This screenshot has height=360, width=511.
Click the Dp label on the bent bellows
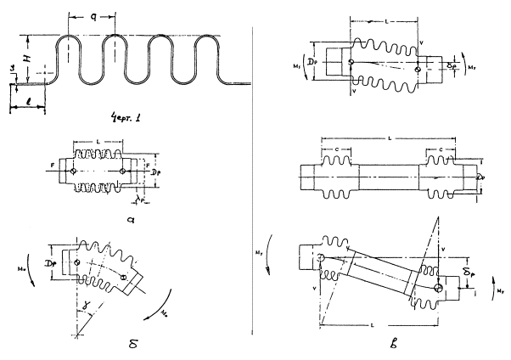[56, 252]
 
